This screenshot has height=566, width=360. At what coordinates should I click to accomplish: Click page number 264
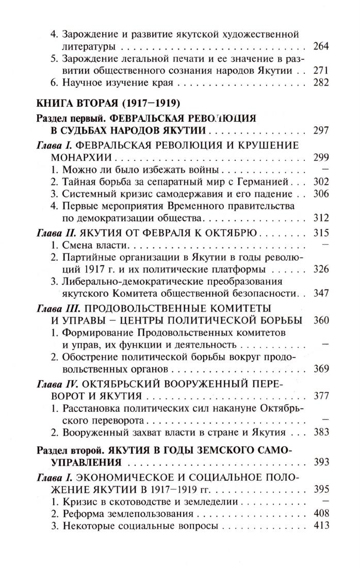(321, 46)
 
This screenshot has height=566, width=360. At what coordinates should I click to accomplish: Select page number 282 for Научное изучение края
(321, 82)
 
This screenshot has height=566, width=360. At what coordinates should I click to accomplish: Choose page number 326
(321, 269)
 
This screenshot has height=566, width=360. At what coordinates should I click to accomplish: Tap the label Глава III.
(61, 309)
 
